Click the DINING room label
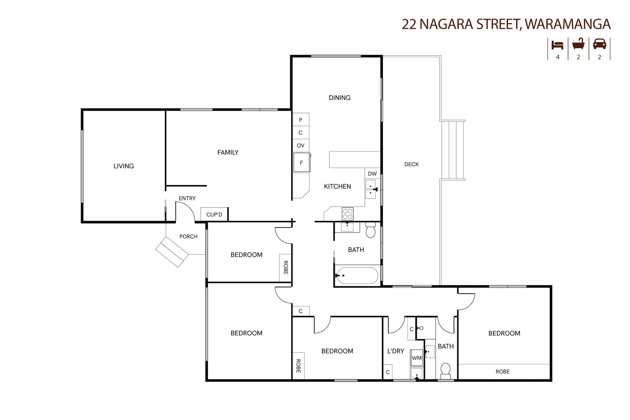[x=339, y=98]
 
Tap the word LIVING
[x=124, y=166]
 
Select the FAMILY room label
[x=228, y=152]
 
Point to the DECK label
[x=411, y=164]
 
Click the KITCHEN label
[x=337, y=187]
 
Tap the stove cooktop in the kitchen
[x=347, y=214]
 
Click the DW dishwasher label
[x=372, y=174]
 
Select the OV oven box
[x=301, y=145]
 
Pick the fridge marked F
[x=301, y=163]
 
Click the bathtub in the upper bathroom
[x=357, y=275]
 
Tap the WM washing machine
[x=416, y=358]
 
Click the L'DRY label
[x=395, y=351]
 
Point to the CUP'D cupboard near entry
[x=214, y=215]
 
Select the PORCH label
[x=188, y=236]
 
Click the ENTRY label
[x=187, y=198]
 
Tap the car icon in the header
[x=599, y=44]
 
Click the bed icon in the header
[x=557, y=45]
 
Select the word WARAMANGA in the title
[x=568, y=24]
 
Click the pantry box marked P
[x=301, y=120]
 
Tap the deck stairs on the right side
[x=453, y=150]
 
